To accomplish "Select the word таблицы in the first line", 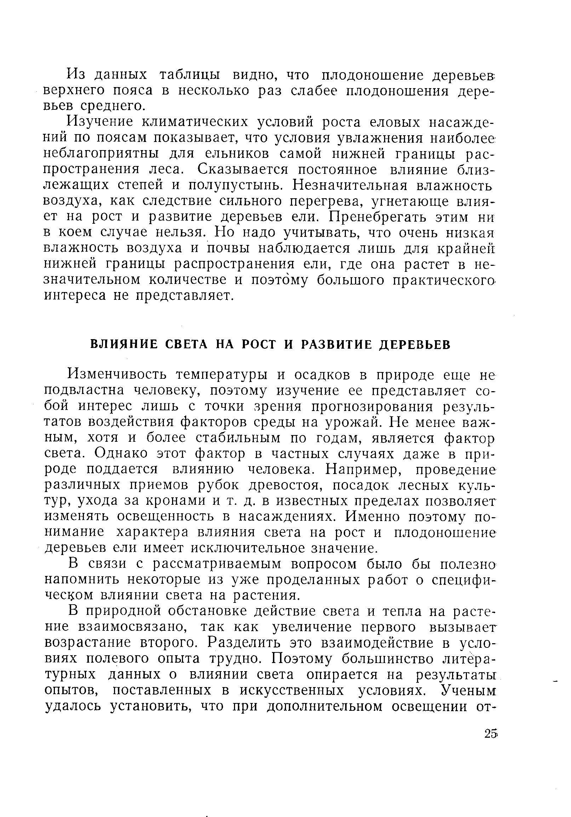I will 189,75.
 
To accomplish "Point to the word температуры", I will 222,375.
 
